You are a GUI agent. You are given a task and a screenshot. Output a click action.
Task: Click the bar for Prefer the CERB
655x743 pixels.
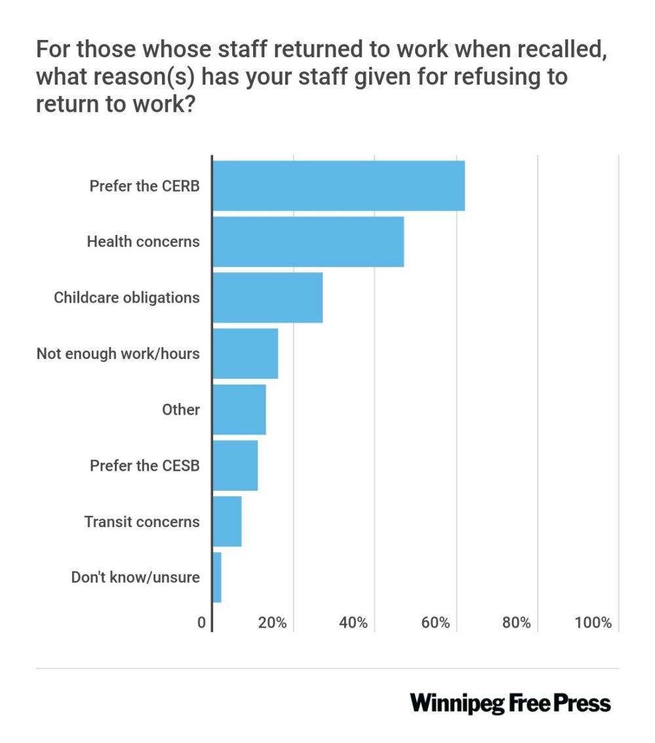tap(338, 186)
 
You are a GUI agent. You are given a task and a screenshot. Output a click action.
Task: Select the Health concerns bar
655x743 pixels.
tap(308, 242)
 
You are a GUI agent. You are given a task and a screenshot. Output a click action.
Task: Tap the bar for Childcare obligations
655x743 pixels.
tap(268, 297)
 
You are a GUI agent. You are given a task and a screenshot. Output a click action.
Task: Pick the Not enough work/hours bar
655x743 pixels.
tap(245, 353)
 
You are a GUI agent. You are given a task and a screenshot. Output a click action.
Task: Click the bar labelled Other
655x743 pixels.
tap(239, 410)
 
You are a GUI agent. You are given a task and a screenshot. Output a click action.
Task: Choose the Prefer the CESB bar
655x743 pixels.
tap(235, 465)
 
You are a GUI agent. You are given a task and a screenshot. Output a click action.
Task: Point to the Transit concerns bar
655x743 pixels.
tap(227, 521)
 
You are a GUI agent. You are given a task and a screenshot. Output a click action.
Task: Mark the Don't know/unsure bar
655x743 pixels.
tap(217, 578)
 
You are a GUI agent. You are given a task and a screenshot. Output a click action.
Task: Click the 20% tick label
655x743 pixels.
tap(273, 623)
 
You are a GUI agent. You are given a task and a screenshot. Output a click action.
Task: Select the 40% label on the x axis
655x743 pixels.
tap(354, 623)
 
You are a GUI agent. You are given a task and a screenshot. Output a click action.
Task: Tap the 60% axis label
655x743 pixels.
tap(435, 623)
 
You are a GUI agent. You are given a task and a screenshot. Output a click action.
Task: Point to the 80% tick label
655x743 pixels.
tap(516, 623)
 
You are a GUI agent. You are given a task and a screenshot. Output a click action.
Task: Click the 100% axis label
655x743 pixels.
tap(593, 623)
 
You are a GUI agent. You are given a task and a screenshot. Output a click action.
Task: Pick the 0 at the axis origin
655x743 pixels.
tap(202, 623)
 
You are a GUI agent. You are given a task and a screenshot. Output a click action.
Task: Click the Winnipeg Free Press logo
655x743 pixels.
tap(510, 703)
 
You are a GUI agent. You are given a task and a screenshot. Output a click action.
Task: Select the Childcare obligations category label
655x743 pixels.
tap(127, 297)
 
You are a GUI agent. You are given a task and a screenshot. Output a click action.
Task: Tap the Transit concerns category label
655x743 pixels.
tap(142, 522)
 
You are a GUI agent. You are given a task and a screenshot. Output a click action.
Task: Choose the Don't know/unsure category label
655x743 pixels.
tap(136, 578)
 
